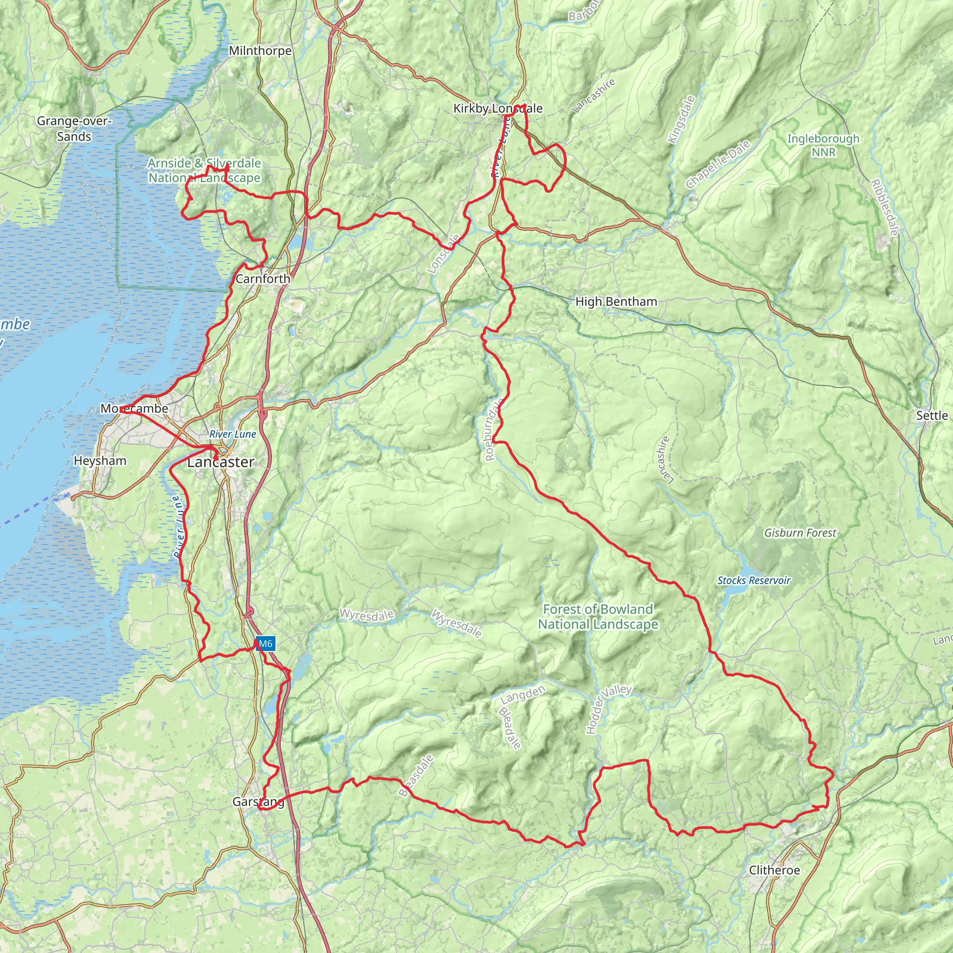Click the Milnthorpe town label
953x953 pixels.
(x=260, y=51)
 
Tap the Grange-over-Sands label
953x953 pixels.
(x=74, y=129)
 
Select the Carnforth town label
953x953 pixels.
(x=263, y=279)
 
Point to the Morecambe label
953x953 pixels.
(x=134, y=409)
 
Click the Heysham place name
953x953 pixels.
(x=100, y=461)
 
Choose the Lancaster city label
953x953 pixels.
(x=221, y=462)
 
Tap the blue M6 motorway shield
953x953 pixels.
(x=265, y=643)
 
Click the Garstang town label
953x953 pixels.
(x=258, y=802)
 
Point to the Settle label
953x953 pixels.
(x=932, y=416)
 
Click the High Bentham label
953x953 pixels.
(x=616, y=302)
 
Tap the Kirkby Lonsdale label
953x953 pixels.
(x=498, y=108)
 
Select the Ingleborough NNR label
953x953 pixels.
(x=823, y=146)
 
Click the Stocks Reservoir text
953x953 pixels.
(x=754, y=581)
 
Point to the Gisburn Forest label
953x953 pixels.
(x=800, y=533)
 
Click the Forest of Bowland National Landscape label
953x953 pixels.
(x=598, y=617)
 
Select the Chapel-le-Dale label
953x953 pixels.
(x=718, y=164)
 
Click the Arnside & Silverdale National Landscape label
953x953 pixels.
(x=204, y=170)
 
